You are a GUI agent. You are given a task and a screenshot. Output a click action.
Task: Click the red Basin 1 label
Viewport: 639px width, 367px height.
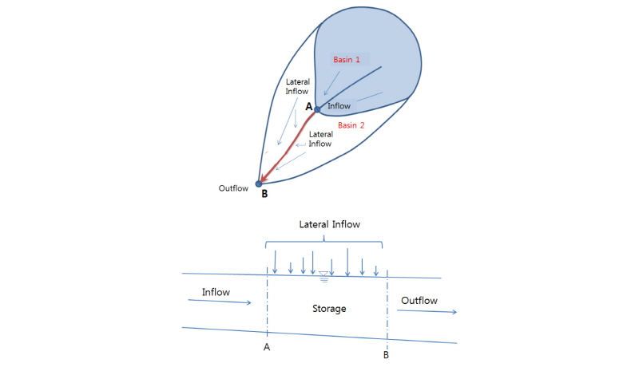click(x=347, y=60)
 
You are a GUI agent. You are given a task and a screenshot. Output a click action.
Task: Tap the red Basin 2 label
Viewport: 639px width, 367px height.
click(x=351, y=125)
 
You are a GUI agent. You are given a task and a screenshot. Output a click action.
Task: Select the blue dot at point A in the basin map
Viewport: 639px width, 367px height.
click(x=317, y=109)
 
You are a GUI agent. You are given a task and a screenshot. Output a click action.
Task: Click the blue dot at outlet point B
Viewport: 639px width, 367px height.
click(x=259, y=183)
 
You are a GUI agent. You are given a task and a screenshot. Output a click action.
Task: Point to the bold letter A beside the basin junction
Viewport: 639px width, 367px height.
click(x=308, y=105)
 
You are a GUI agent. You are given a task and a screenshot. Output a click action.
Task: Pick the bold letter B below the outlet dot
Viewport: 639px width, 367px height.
click(x=264, y=194)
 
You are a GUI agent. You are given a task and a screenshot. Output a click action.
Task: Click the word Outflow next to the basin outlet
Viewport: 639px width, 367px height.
click(x=235, y=188)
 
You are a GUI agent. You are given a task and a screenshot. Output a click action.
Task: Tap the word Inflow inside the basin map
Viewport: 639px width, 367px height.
click(x=340, y=105)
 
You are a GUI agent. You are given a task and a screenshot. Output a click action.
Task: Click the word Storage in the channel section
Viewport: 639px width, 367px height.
click(x=329, y=308)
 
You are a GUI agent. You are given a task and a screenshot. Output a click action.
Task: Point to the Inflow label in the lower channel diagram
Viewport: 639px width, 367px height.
click(x=216, y=292)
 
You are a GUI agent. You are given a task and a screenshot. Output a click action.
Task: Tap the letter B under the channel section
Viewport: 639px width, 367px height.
click(x=386, y=355)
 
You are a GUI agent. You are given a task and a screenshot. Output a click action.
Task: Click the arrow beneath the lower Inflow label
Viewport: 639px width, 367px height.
click(x=219, y=302)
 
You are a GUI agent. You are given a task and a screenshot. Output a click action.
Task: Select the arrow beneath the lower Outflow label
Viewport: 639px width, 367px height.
click(x=427, y=311)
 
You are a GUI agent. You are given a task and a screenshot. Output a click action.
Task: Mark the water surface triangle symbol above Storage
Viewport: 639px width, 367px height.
click(x=323, y=275)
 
